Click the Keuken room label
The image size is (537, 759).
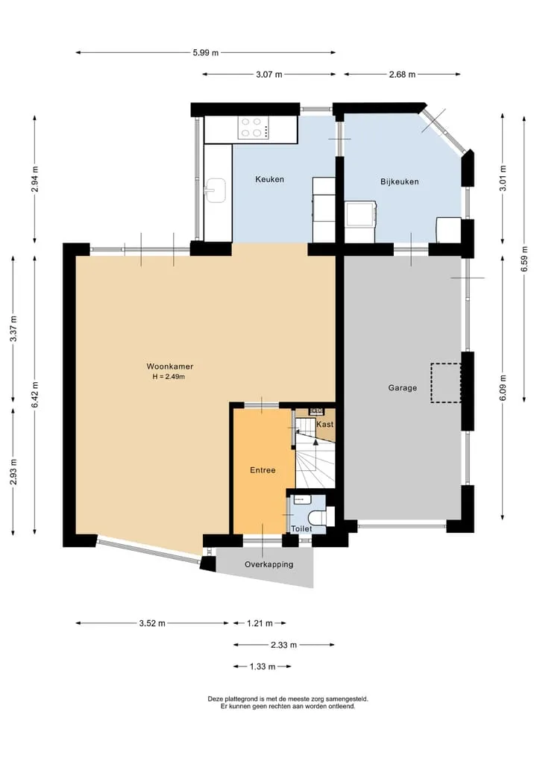tap(269, 180)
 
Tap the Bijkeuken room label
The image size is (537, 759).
tap(400, 182)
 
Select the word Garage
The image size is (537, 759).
tap(403, 388)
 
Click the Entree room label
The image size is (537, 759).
tap(263, 470)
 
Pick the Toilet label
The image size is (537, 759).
tap(301, 529)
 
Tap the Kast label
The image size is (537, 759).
tap(324, 424)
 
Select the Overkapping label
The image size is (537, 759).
tap(269, 564)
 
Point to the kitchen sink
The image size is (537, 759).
tap(216, 190)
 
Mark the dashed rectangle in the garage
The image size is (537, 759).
tap(445, 383)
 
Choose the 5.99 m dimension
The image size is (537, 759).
tap(206, 53)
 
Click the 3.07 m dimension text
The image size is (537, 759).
tap(269, 75)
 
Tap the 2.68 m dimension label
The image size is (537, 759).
tap(402, 75)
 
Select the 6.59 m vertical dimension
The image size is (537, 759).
tap(524, 259)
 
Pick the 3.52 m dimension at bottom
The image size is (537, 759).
tap(152, 623)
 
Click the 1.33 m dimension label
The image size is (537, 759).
tap(263, 667)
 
